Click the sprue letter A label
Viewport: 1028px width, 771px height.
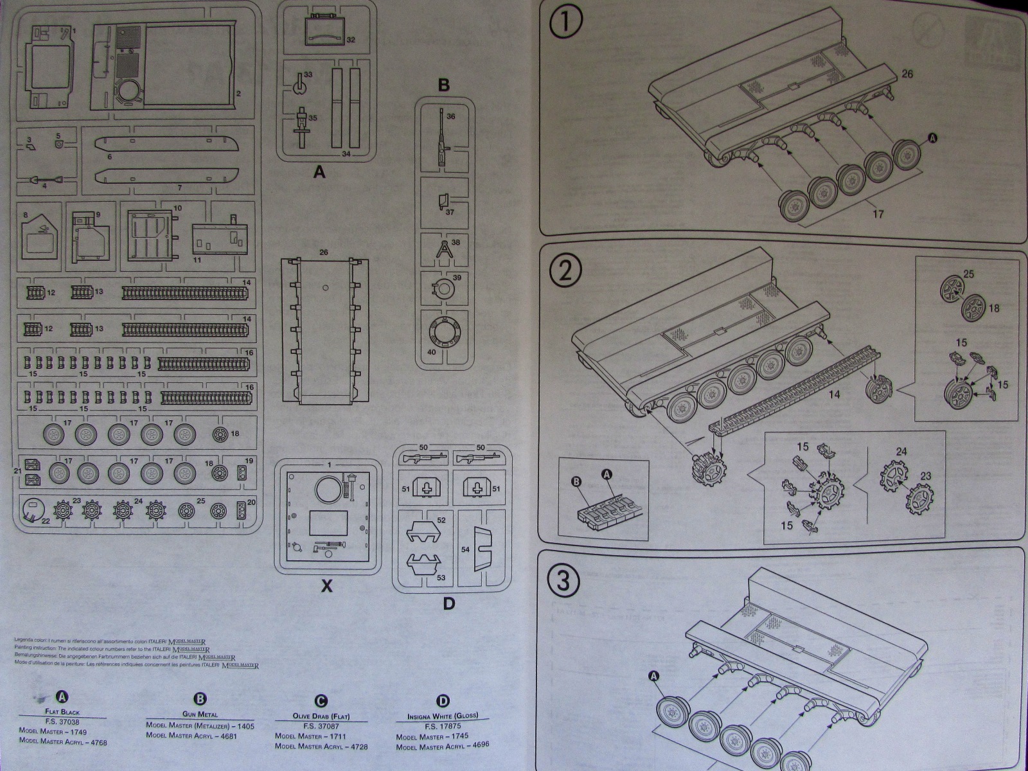[319, 172]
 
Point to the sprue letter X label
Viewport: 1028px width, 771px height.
[327, 586]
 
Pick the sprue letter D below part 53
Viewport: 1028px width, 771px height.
[448, 603]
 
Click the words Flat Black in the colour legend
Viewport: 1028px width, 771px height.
[62, 712]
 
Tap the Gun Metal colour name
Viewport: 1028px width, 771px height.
[200, 714]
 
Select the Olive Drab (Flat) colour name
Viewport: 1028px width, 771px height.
[321, 716]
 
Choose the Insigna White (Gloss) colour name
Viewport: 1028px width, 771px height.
[443, 716]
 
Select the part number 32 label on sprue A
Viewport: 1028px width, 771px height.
[351, 40]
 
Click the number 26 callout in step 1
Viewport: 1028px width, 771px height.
[907, 74]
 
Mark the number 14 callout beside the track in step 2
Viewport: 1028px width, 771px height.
[833, 394]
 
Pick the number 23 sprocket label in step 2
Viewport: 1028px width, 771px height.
[925, 476]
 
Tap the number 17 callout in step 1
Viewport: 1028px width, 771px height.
[878, 213]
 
